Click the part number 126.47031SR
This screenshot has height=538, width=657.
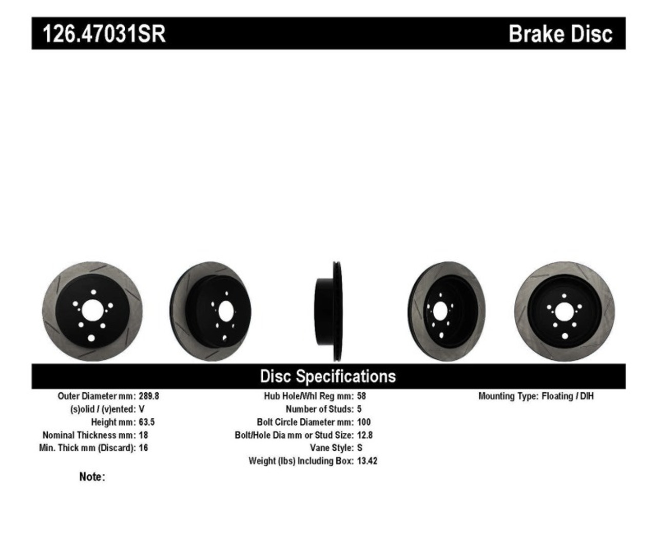(104, 34)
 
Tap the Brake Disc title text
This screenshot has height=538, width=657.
(560, 34)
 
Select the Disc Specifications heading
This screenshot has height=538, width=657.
(328, 376)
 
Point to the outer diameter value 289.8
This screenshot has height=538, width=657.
(149, 396)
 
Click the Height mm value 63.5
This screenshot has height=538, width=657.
(147, 422)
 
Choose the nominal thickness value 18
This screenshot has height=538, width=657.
(143, 435)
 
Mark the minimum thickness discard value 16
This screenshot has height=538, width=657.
(143, 448)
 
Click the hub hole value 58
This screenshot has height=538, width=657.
(361, 396)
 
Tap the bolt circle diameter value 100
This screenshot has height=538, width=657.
(364, 422)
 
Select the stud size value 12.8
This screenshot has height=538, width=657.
(365, 435)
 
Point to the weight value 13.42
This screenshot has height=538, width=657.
(367, 461)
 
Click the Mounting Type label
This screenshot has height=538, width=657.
(508, 396)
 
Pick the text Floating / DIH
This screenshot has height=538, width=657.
(568, 396)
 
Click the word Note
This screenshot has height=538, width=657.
(91, 477)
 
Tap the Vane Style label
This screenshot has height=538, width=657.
(332, 448)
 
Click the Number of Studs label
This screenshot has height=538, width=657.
(319, 409)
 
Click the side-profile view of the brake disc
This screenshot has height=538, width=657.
(328, 312)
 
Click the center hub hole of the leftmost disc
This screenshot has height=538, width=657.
(92, 311)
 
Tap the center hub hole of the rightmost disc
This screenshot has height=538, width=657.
(564, 311)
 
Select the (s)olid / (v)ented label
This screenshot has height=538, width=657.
(103, 409)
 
